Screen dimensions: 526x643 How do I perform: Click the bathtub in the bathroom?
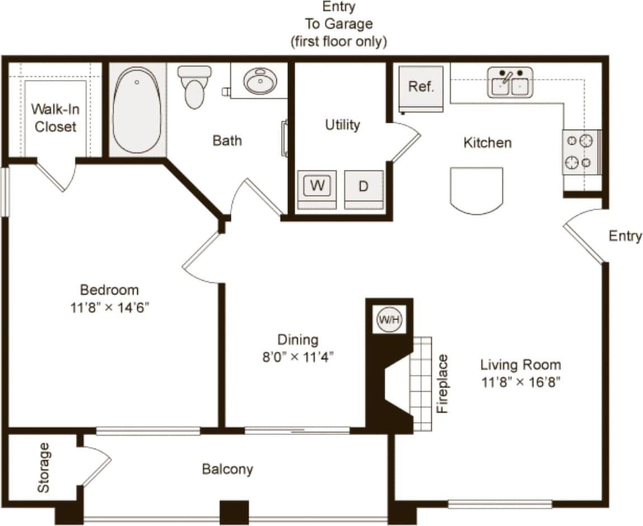coord(137,110)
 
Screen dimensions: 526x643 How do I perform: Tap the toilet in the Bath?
coord(195,88)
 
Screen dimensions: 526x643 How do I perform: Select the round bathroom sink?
coord(260,81)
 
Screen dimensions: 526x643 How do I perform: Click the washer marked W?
coord(317,186)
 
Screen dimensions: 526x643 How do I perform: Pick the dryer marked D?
coord(363,187)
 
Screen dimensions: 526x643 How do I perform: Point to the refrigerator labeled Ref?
coord(421,87)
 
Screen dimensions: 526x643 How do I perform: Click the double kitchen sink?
coord(510,83)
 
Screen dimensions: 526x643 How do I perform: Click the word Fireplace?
coord(443,383)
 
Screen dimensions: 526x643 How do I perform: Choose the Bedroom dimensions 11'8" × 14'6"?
coord(110,307)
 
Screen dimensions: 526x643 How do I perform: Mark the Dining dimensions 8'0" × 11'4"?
coord(297,357)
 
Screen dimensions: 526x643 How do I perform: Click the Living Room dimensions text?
coord(521,382)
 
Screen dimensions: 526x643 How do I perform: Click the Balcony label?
coord(228,469)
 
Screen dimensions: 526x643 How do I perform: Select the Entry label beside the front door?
coord(625,236)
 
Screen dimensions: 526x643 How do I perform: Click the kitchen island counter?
coord(476,190)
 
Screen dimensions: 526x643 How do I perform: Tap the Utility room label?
coord(342,125)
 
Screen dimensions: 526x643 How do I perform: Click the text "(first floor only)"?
coord(339,42)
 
